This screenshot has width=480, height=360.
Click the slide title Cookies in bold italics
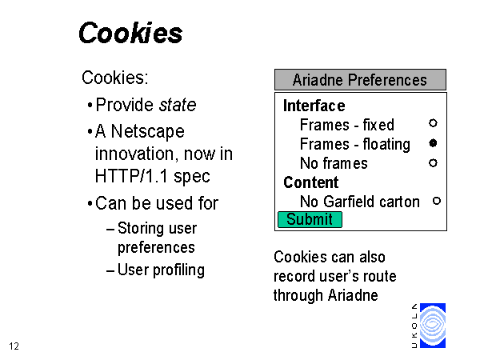coord(130,33)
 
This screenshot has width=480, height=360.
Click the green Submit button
coord(310,219)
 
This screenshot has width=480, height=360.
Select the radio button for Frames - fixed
coord(433,123)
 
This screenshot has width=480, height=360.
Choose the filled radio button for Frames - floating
coord(433,143)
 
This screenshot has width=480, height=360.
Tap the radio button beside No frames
coord(433,163)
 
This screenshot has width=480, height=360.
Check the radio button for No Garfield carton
coord(437,201)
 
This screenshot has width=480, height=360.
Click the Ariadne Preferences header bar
coord(360,79)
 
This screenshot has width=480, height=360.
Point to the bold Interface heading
coord(314,106)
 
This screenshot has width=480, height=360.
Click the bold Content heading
coord(310,182)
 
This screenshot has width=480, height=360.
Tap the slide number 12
coord(14,346)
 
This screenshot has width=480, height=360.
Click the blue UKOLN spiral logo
coord(433,326)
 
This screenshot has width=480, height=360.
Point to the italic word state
coord(178,105)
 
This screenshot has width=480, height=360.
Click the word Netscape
coord(147,132)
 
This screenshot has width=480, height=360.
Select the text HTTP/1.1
coord(131,176)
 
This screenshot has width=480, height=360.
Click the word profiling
coord(178,270)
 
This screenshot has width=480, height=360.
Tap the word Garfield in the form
coord(345,202)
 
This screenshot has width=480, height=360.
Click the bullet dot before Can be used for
coord(90,203)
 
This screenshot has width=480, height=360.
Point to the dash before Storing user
coord(110,230)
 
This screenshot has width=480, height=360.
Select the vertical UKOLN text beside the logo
coord(414,326)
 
